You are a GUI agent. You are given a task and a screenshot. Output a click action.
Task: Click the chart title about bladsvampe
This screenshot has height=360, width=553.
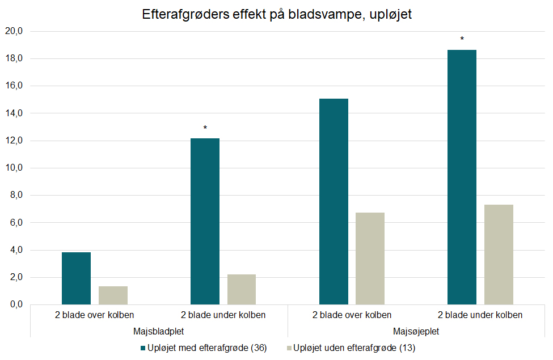pyautogui.click(x=276, y=15)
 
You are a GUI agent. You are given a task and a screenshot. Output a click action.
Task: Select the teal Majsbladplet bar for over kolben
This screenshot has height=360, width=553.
pyautogui.click(x=76, y=278)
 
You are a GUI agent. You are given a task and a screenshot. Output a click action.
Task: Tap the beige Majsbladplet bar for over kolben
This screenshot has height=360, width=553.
pyautogui.click(x=113, y=295)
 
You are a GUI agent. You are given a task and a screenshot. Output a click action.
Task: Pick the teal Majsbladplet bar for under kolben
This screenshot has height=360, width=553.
pyautogui.click(x=205, y=221)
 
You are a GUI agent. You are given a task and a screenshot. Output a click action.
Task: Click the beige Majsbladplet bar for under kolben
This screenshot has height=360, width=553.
pyautogui.click(x=242, y=290)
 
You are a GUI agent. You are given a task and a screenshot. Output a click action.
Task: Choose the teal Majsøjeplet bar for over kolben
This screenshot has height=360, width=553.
pyautogui.click(x=334, y=201)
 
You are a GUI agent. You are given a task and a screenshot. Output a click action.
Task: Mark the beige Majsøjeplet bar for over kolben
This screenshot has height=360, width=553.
pyautogui.click(x=370, y=259)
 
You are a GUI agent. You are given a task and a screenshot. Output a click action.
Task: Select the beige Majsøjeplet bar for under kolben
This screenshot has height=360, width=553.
pyautogui.click(x=499, y=255)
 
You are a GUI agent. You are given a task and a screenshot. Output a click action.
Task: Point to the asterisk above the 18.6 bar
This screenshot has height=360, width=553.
pyautogui.click(x=462, y=40)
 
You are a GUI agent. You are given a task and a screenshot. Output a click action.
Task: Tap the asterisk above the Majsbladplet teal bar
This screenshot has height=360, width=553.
pyautogui.click(x=205, y=128)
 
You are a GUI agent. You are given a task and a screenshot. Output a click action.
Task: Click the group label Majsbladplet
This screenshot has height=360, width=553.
pyautogui.click(x=158, y=330)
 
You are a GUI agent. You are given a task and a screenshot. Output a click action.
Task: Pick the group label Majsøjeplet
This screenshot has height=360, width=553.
pyautogui.click(x=416, y=330)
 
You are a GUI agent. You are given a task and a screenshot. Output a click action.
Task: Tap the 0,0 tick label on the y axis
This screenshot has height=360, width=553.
pyautogui.click(x=14, y=305)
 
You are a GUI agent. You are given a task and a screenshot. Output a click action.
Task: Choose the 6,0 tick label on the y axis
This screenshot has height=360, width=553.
pyautogui.click(x=14, y=223)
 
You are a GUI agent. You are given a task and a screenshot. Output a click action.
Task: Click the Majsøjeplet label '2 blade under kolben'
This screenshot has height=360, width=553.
pyautogui.click(x=480, y=315)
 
